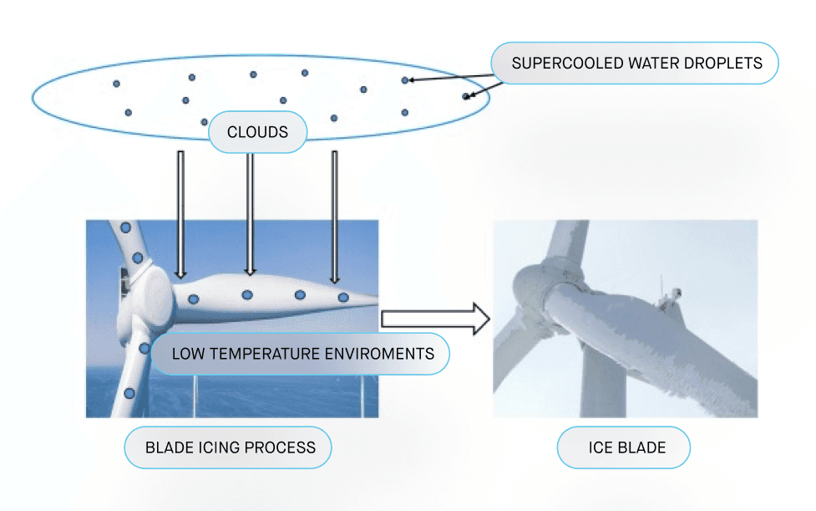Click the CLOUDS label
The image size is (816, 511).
257,132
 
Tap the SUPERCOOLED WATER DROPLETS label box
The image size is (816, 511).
636,64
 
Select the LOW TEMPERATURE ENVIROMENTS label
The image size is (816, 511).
302,353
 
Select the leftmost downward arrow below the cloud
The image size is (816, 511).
180,213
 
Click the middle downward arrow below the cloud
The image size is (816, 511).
249,213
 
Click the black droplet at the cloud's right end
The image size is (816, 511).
466,96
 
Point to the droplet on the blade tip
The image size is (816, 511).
342,297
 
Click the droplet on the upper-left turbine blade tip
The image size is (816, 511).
126,227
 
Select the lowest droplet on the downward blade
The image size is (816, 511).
129,392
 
